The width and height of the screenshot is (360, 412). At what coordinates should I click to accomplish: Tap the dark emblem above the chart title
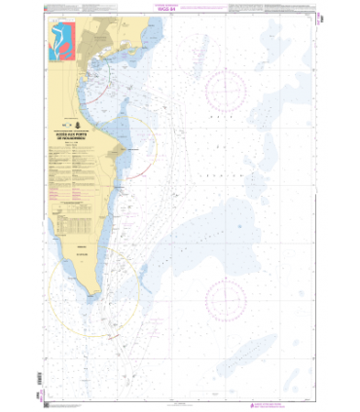pyautogui.click(x=83, y=125)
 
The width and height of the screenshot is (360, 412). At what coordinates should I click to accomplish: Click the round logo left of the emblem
pyautogui.click(x=69, y=125)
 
